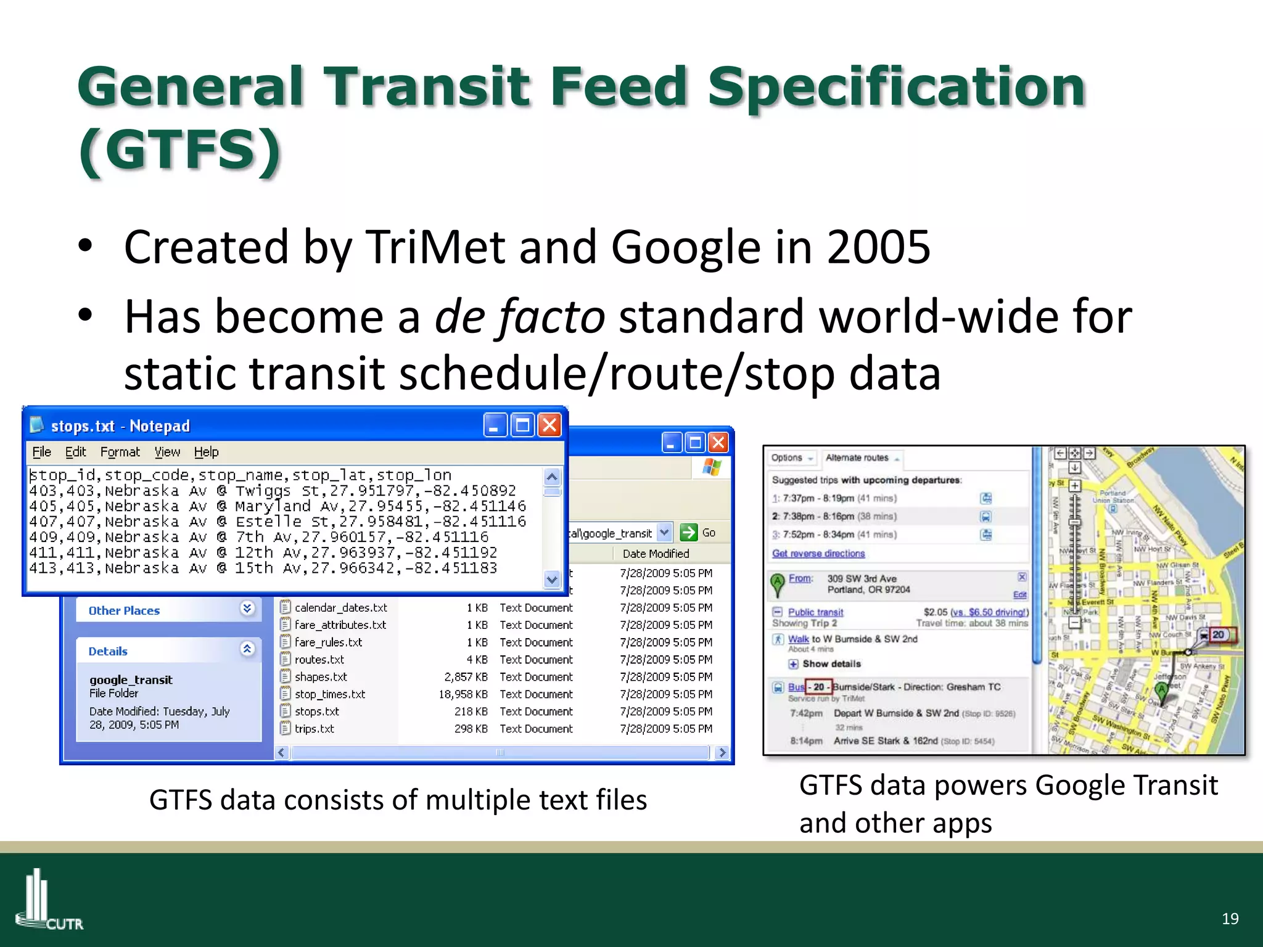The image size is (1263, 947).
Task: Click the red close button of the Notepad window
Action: (549, 425)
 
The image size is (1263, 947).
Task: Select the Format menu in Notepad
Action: (120, 452)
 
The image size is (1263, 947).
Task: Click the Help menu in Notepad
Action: (206, 452)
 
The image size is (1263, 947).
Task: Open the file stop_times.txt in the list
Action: (329, 694)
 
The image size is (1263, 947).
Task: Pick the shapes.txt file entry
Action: (321, 677)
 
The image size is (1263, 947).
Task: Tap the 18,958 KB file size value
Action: (463, 694)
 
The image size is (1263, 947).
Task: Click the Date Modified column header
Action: (656, 554)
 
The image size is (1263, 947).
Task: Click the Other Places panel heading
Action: (124, 610)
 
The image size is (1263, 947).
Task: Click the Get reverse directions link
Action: (818, 554)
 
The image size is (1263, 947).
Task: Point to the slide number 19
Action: (1230, 919)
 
